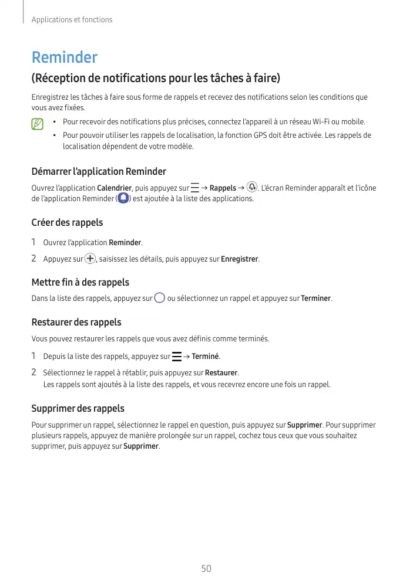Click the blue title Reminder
[64, 57]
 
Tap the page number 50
[206, 569]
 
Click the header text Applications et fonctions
[72, 20]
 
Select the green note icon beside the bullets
[38, 124]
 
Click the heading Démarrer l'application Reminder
[98, 171]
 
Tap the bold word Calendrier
[114, 188]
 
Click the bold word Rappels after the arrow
[223, 188]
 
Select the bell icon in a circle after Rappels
[252, 187]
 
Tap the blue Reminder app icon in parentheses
[123, 199]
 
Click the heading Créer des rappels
[67, 223]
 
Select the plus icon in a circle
[90, 259]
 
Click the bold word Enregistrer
[240, 259]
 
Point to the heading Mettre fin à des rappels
[80, 283]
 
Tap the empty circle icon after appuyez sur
[160, 298]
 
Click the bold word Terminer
[316, 299]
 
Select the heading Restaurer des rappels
[76, 322]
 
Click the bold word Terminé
[206, 357]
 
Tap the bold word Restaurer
[221, 373]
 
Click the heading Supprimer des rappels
[78, 408]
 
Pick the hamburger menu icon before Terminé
[176, 357]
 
